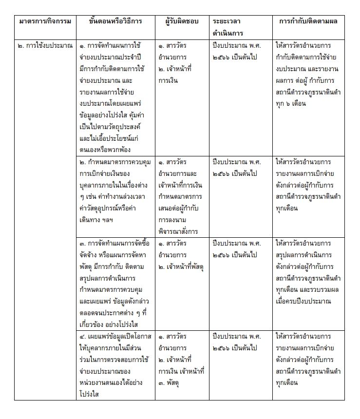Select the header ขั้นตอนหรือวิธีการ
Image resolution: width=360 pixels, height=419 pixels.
click(115, 21)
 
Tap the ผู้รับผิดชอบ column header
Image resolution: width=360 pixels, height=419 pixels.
click(182, 21)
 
